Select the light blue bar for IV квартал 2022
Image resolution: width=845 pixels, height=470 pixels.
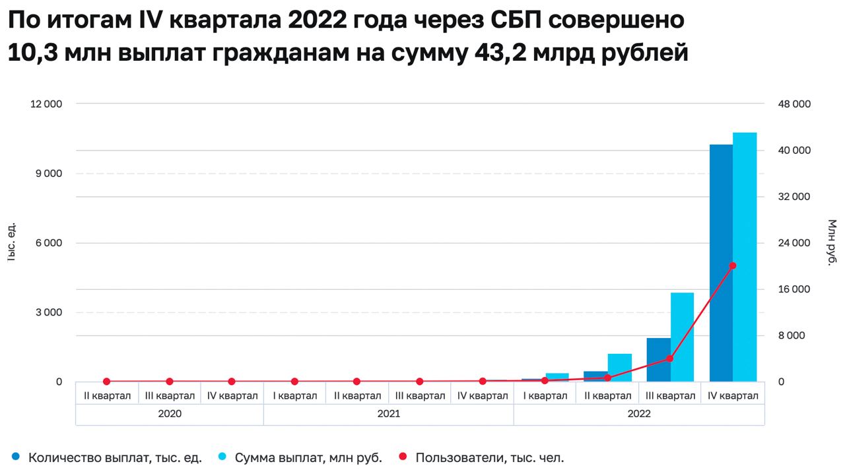click(x=745, y=257)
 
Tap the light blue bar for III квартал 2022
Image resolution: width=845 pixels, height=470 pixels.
click(x=682, y=337)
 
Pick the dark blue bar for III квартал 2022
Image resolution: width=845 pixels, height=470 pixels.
click(x=658, y=360)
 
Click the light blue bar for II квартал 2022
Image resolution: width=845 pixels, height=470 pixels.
click(x=620, y=368)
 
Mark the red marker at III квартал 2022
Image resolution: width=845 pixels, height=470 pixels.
click(x=669, y=358)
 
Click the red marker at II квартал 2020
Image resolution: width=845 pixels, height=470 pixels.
click(x=107, y=382)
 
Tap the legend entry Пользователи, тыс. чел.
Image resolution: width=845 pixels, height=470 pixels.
click(x=489, y=457)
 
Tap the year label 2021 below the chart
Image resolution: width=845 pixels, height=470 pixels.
click(x=388, y=414)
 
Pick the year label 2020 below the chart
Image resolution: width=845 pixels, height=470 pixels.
click(x=170, y=414)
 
